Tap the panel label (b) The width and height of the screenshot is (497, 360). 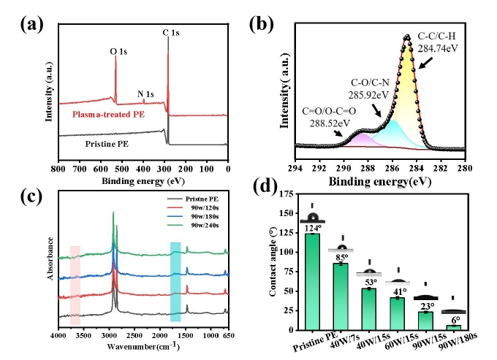click(262, 23)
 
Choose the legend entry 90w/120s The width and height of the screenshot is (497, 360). click(194, 206)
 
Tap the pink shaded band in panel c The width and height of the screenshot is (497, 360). click(75, 285)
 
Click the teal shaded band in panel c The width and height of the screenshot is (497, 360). click(175, 281)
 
